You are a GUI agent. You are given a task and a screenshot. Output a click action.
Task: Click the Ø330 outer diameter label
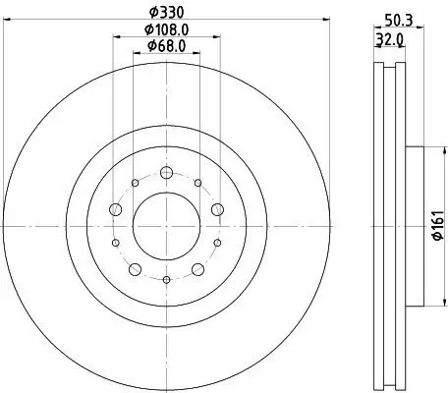(x=165, y=13)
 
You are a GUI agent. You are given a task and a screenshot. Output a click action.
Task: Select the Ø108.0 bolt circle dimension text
(x=165, y=30)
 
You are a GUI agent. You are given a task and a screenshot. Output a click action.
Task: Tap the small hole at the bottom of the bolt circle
(x=165, y=280)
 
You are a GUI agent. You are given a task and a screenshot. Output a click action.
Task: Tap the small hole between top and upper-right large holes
(x=197, y=182)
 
